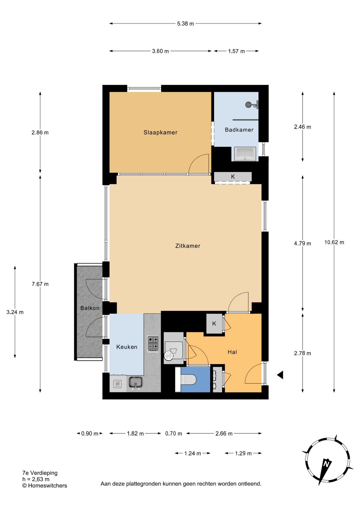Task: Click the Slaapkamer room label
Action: click(160, 132)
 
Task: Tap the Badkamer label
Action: click(239, 130)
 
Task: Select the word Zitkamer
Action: click(188, 246)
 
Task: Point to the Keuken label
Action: click(127, 347)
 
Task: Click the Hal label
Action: click(232, 352)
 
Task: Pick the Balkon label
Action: click(90, 308)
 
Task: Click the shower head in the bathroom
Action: click(249, 105)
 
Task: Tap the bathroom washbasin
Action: click(245, 154)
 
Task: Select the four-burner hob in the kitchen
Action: click(153, 344)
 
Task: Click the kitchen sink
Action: click(136, 383)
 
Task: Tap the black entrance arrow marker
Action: click(280, 375)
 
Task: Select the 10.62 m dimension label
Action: click(334, 242)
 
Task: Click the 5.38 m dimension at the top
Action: click(185, 24)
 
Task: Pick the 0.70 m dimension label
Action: click(174, 433)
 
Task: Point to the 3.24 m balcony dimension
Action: click(15, 312)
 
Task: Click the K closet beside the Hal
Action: click(214, 323)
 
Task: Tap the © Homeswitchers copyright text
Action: click(45, 485)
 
